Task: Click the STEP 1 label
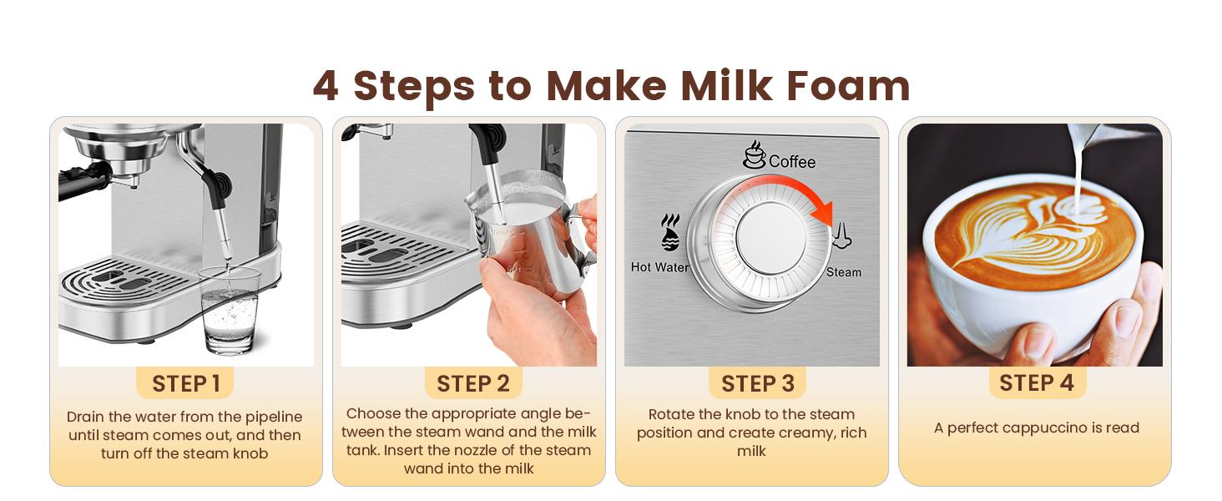click(x=185, y=383)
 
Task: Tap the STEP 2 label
click(x=472, y=383)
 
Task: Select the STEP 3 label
click(x=757, y=383)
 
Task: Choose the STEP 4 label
click(x=1037, y=382)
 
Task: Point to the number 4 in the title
click(x=326, y=85)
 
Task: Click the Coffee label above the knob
click(x=791, y=161)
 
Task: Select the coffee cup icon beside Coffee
click(x=755, y=154)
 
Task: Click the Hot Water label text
click(x=659, y=267)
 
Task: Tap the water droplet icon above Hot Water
click(x=670, y=234)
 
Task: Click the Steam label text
click(x=843, y=272)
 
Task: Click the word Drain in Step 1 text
click(x=86, y=417)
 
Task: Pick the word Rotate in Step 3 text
click(x=672, y=414)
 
